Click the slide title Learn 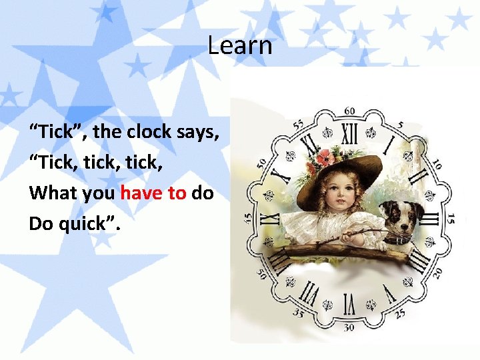click(240, 46)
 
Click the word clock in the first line click(149, 131)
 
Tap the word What click(51, 193)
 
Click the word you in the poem click(97, 193)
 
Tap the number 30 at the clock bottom click(348, 327)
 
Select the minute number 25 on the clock click(400, 313)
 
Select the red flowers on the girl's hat click(322, 157)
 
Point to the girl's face click(339, 193)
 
